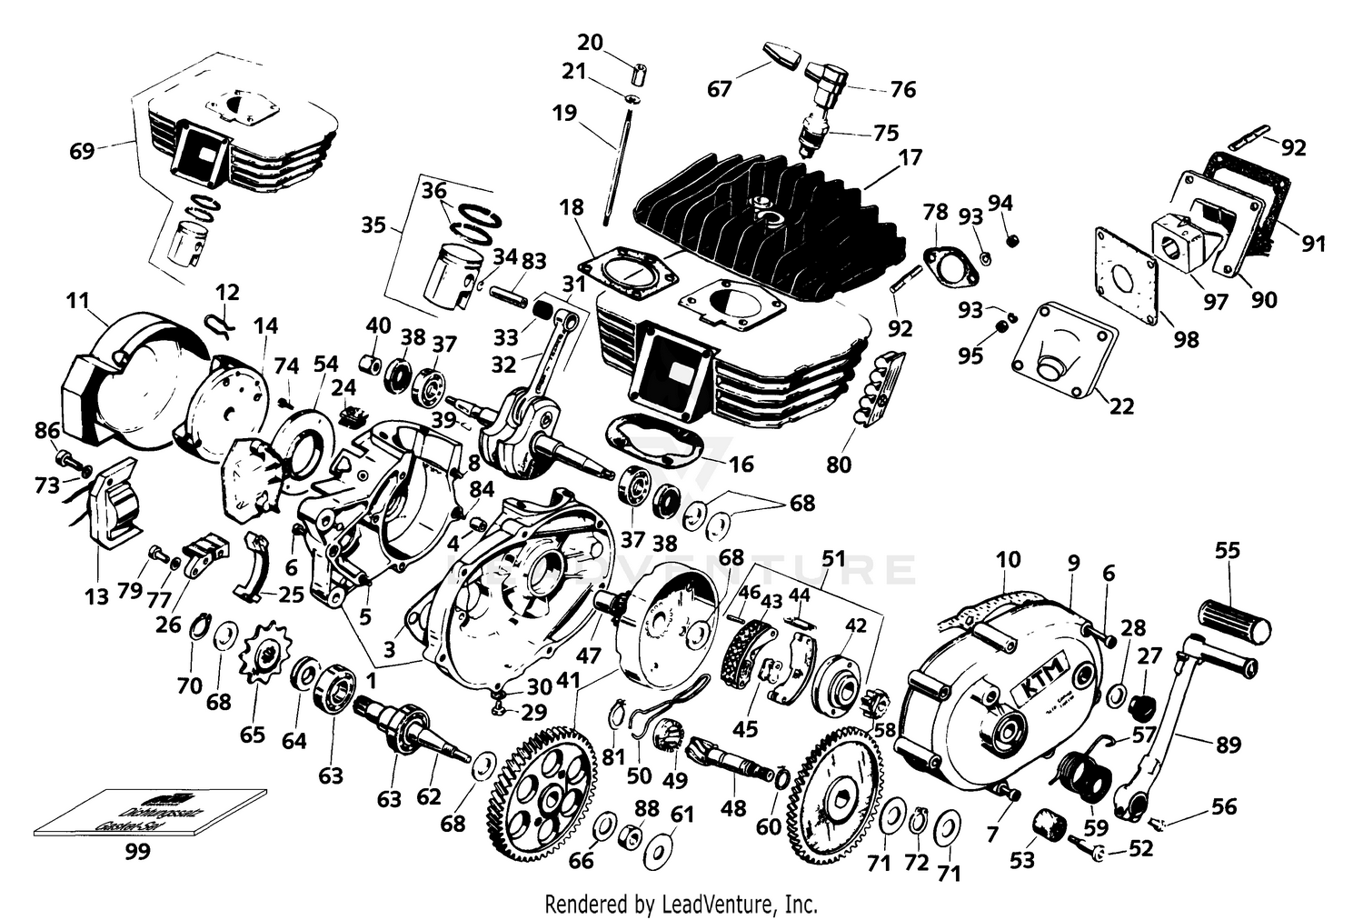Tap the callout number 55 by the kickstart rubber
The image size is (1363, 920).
1227,550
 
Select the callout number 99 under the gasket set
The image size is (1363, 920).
139,852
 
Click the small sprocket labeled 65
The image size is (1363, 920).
262,649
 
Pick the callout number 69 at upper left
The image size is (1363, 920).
82,150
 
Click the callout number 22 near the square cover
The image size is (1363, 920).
1121,406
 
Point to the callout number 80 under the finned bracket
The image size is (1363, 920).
839,465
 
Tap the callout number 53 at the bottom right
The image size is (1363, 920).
1022,859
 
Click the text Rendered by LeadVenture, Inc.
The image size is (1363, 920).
681,905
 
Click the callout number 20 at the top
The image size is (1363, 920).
591,42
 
